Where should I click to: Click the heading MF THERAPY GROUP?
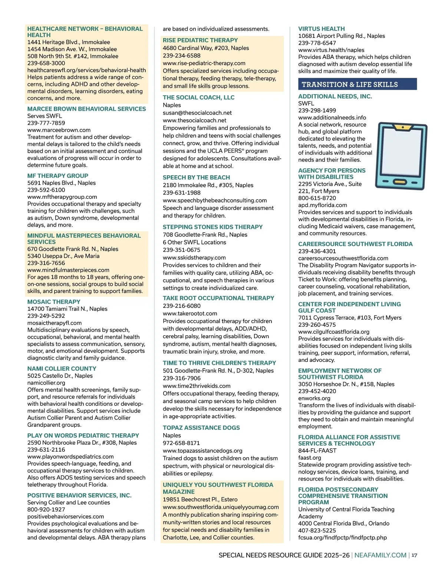[57, 176]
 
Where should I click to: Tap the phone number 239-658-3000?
[46, 63]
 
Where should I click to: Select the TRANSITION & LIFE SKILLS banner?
[357, 84]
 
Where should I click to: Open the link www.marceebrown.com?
[59, 130]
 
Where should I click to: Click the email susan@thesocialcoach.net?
[197, 113]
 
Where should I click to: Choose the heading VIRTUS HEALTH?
[321, 29]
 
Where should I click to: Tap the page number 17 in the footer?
[414, 555]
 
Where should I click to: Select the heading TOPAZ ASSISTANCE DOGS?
[201, 428]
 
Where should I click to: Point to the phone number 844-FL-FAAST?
[317, 451]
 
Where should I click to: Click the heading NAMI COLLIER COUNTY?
[62, 369]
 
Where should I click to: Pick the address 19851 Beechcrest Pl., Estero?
[200, 500]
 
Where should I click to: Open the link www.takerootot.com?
[190, 313]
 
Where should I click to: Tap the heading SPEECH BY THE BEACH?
[196, 177]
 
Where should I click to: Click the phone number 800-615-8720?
[317, 198]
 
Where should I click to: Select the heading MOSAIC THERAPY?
[54, 302]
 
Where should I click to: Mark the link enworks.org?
[314, 398]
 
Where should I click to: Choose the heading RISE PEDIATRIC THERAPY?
[200, 40]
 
